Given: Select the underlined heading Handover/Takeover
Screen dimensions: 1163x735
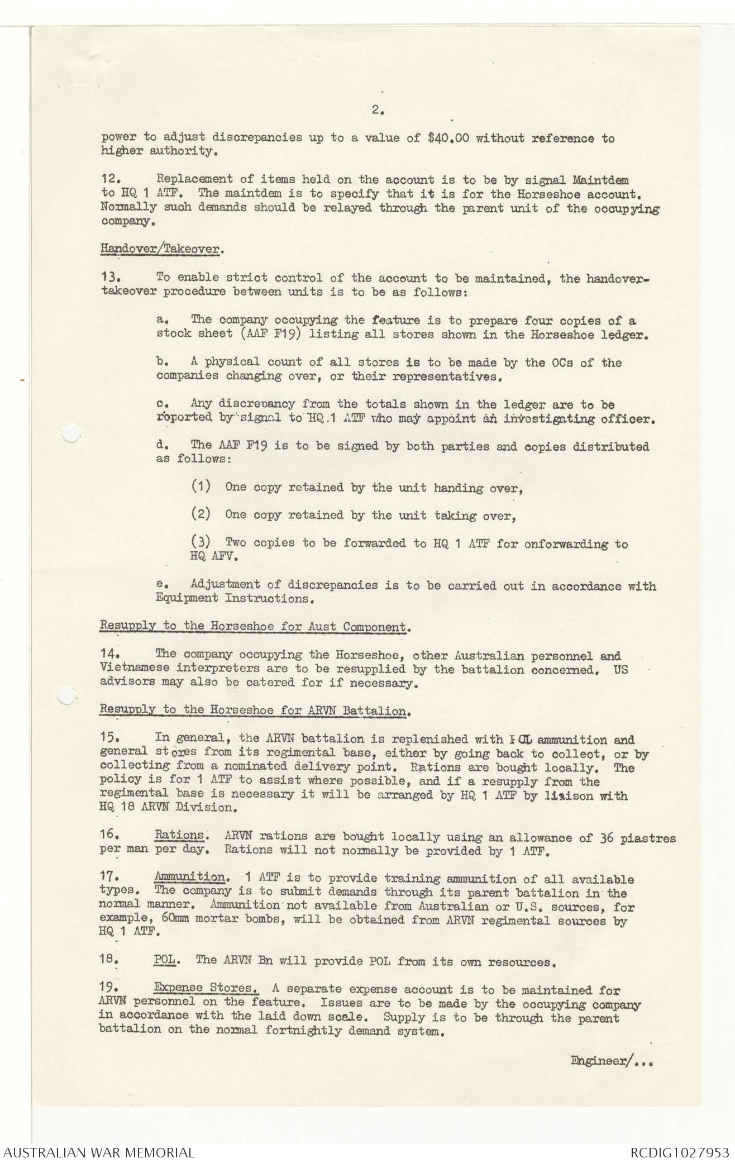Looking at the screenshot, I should [x=160, y=249].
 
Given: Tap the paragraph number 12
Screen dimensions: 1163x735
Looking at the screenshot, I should [x=111, y=180].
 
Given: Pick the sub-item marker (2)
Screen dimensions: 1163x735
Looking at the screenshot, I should [x=201, y=514].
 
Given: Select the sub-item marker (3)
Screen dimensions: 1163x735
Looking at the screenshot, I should [x=201, y=542].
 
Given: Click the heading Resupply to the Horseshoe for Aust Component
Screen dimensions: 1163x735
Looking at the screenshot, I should [x=254, y=626].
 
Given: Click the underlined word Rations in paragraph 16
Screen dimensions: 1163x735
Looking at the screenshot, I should [x=179, y=836].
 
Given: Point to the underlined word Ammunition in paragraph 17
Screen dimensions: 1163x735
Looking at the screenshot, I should [x=189, y=878].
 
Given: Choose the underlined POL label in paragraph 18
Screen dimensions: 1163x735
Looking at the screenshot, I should [x=166, y=961].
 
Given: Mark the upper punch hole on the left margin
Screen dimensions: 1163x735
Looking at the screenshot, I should [x=69, y=433].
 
